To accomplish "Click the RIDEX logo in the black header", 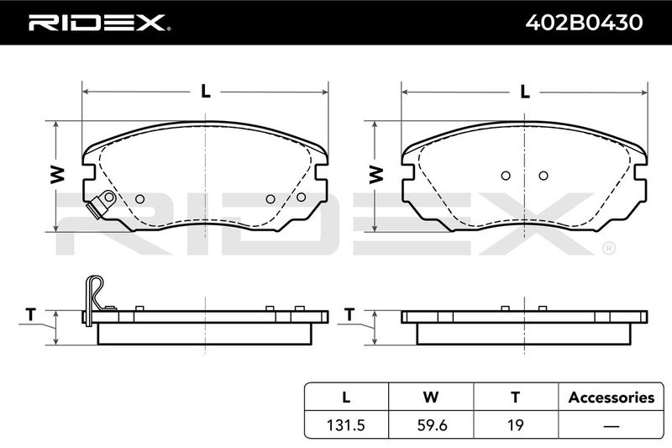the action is pos(99,23).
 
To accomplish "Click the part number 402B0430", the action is pos(584,23).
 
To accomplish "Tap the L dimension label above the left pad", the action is pos(206,91).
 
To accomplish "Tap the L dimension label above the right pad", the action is pos(525,91).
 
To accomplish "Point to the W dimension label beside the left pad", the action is pos(57,175).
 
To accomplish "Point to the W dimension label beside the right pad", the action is pos(376,175).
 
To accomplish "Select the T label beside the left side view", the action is pos(30,314).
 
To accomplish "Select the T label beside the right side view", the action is pos(349,314).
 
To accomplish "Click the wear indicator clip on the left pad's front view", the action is pos(101,203).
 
